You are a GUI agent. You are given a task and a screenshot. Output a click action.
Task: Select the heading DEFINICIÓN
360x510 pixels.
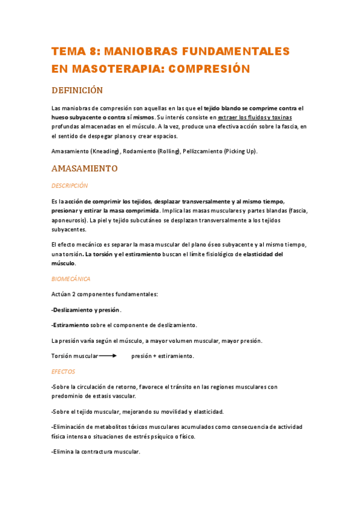point(77,91)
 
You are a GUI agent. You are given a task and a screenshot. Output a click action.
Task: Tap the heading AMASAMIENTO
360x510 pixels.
point(85,168)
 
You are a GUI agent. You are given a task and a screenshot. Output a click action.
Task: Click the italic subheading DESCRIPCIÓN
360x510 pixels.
point(70,186)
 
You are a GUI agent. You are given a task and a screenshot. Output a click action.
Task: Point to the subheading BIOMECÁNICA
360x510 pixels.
point(71,279)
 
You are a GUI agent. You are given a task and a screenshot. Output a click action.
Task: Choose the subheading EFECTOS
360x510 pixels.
point(63,372)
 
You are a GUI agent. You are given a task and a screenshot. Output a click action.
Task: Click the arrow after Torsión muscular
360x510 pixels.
point(108,356)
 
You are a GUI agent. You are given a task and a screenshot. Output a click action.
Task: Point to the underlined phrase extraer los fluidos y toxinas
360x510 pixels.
point(255,117)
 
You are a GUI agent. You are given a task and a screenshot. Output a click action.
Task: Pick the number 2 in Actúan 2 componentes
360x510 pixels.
point(73,294)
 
